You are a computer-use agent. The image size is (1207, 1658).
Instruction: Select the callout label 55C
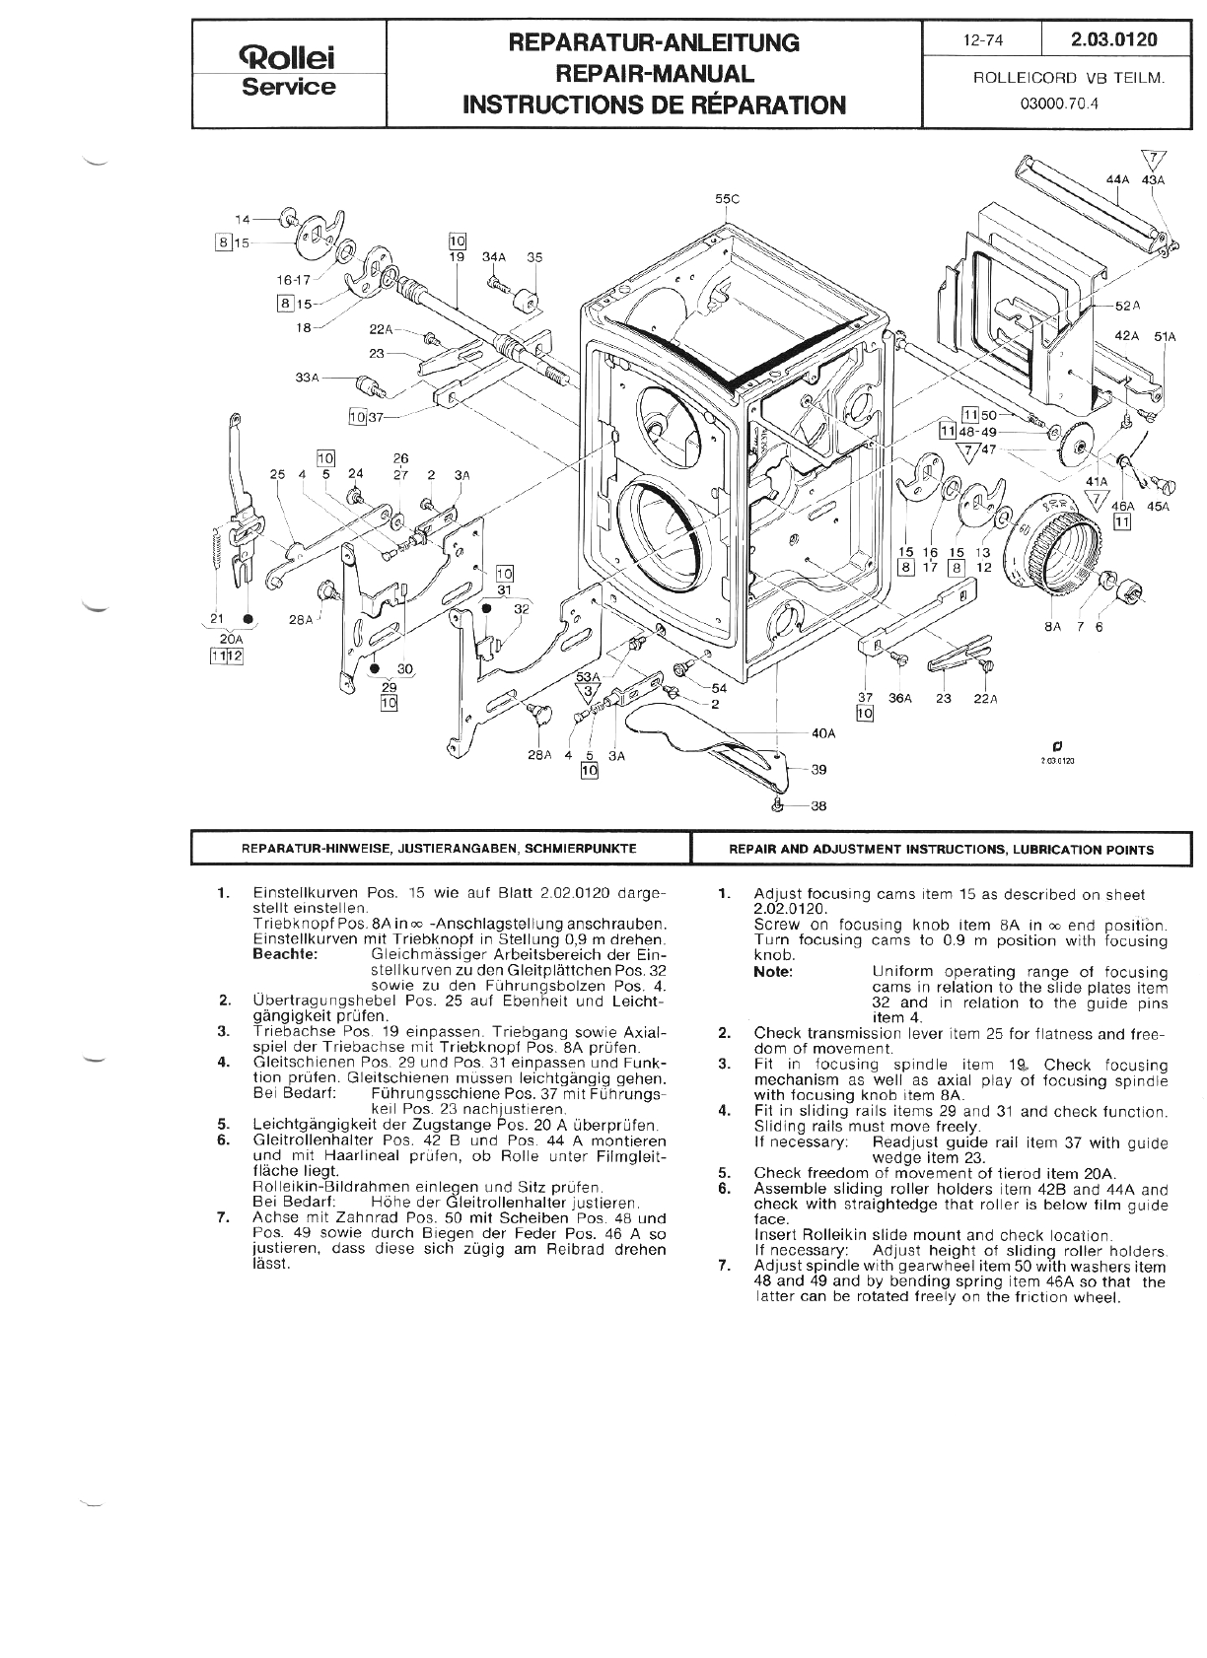727,198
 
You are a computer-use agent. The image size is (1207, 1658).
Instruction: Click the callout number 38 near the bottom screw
818,805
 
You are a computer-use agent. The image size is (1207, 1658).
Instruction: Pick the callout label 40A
823,733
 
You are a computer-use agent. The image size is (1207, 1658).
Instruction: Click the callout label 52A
1128,307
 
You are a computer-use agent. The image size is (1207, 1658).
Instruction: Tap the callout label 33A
308,377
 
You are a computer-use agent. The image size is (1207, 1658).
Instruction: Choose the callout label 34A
493,257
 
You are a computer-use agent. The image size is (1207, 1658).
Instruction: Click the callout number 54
719,687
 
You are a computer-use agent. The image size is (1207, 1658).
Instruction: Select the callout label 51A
1165,336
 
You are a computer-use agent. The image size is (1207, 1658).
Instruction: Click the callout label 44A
1118,180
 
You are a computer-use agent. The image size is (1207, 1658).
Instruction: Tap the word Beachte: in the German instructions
285,954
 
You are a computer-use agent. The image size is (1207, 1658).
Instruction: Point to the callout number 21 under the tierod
218,619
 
